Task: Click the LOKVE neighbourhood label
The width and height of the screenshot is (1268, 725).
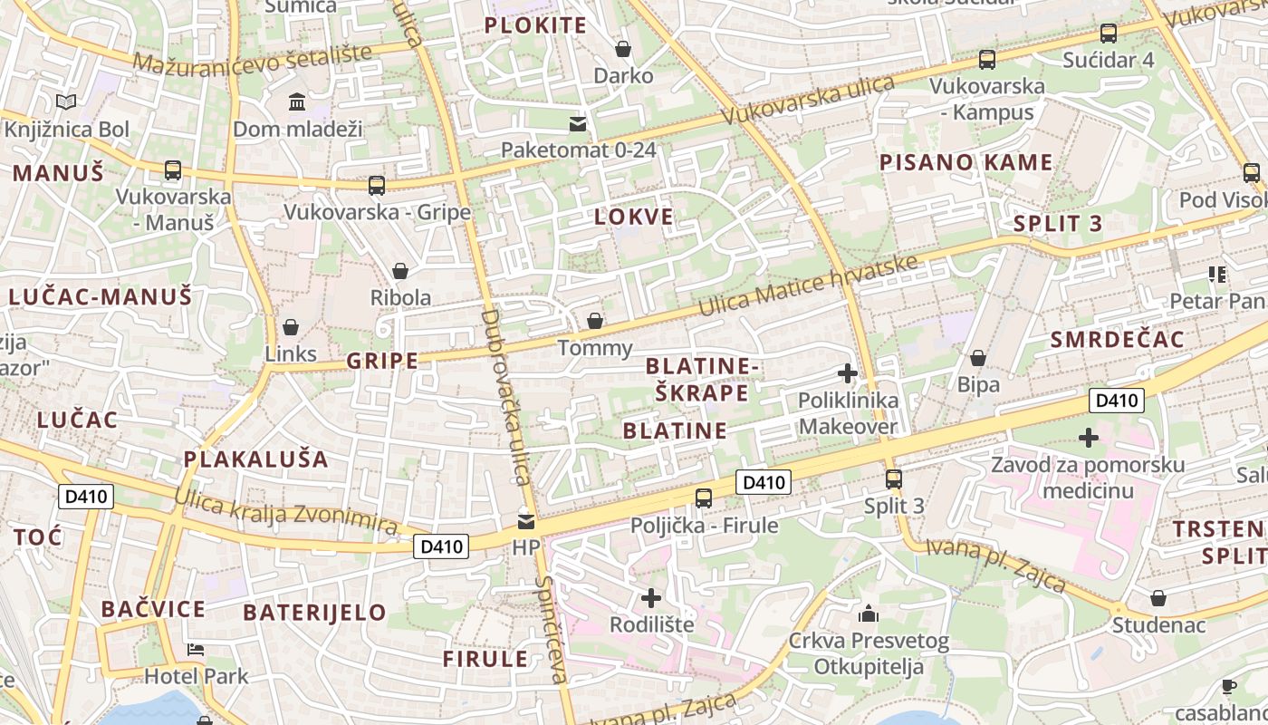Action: pos(634,217)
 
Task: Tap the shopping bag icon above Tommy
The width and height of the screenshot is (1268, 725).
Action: pos(595,321)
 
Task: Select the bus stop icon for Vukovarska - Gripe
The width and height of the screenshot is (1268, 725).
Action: pos(377,186)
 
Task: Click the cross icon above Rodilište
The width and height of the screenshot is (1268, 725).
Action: pos(651,598)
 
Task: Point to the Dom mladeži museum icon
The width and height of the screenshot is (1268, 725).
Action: pos(297,101)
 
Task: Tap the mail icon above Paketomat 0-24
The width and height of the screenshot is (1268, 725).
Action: pos(578,124)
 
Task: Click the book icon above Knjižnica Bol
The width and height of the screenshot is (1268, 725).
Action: pos(66,102)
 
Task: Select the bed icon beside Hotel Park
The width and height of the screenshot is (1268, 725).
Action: pos(196,650)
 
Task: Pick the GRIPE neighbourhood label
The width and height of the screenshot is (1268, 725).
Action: pos(382,361)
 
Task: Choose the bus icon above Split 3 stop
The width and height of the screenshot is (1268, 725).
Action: pos(894,478)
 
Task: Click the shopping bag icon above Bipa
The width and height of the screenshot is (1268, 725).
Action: pos(978,358)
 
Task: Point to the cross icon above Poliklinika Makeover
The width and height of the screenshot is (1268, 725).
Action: pos(848,372)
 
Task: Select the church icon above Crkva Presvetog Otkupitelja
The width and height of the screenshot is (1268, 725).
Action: pos(869,614)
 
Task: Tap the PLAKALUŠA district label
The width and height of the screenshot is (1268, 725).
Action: pos(256,459)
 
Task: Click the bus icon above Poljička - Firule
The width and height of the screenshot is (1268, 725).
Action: pos(704,498)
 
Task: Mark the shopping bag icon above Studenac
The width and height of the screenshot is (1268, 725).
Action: pos(1158,598)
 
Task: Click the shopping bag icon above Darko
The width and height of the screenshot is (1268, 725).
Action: pos(623,48)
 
